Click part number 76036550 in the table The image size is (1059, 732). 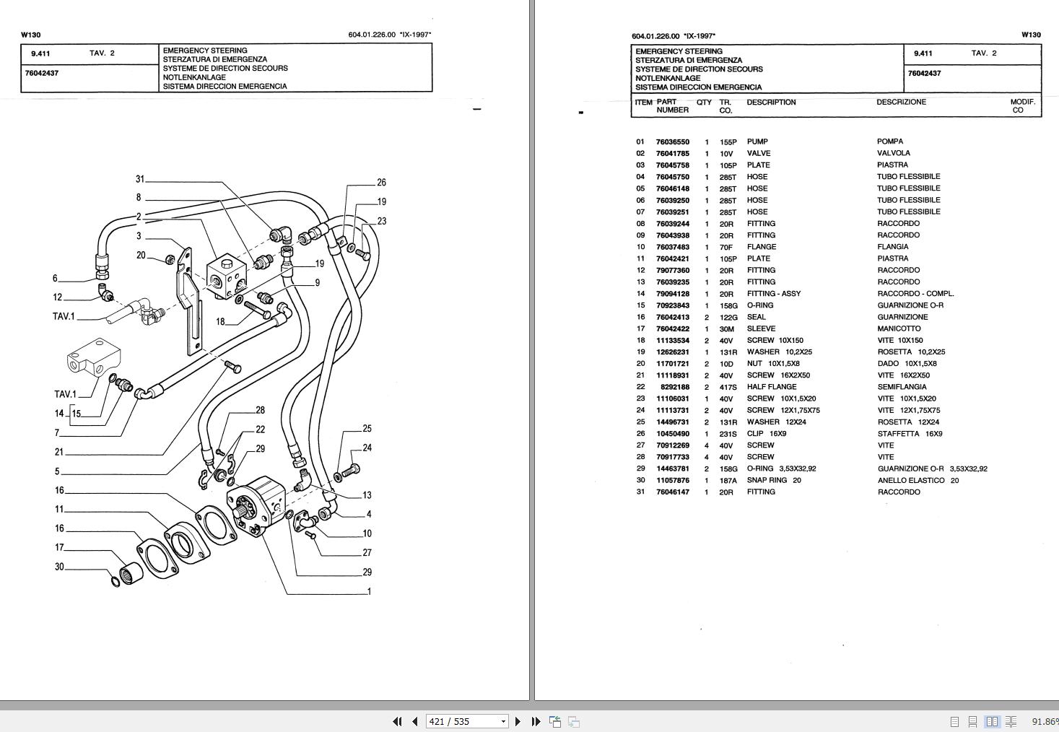(672, 142)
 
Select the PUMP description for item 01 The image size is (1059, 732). (757, 142)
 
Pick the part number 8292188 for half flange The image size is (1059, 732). (675, 387)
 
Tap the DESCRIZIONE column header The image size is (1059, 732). (901, 103)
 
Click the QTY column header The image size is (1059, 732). (704, 103)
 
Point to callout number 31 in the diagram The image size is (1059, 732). (140, 179)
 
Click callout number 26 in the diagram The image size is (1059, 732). (381, 183)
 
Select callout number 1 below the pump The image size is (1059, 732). (369, 591)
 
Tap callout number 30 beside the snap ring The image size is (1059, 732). (59, 567)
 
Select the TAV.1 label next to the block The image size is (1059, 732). (64, 394)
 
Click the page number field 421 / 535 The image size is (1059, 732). (462, 721)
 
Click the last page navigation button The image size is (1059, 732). (536, 721)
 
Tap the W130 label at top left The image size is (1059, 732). (31, 35)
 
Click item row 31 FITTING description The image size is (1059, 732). (761, 492)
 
